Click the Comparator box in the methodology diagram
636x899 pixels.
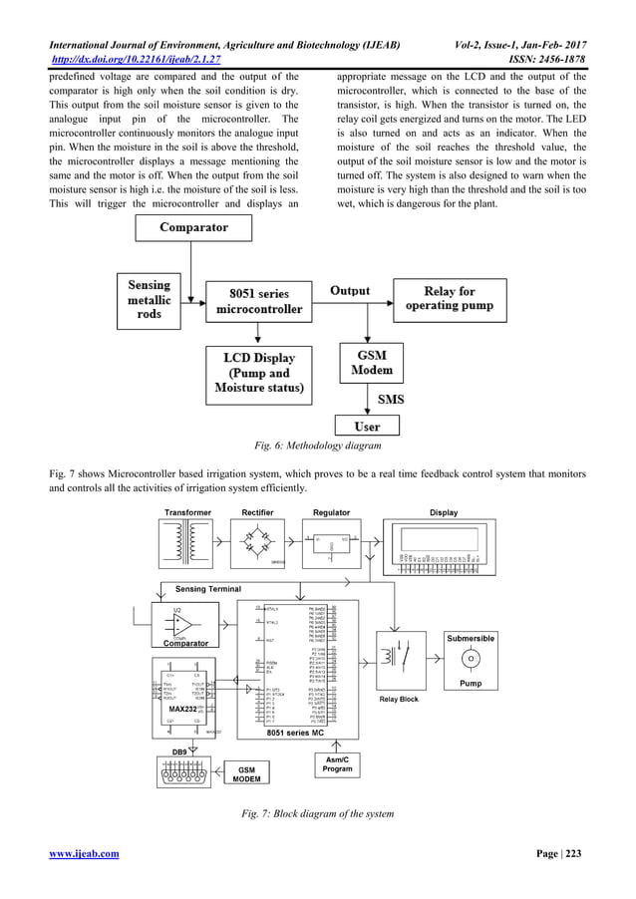click(194, 227)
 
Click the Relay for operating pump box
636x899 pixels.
click(449, 297)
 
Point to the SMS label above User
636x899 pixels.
click(391, 398)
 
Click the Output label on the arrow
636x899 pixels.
click(350, 291)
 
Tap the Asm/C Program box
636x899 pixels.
click(337, 764)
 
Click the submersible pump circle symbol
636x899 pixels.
click(471, 660)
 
